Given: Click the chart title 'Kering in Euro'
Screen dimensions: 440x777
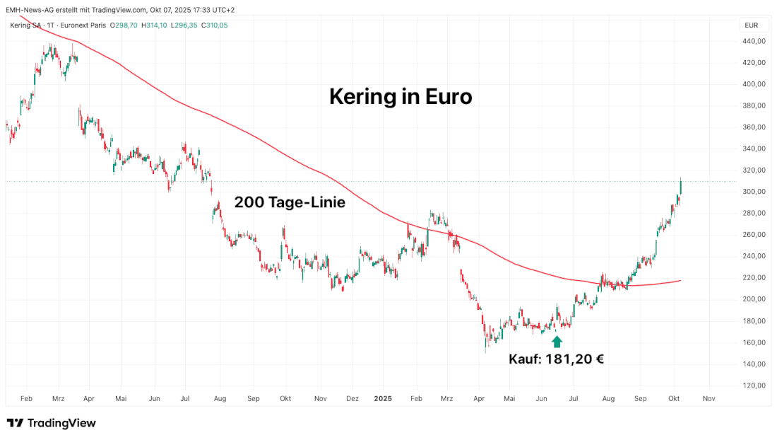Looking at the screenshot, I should [401, 97].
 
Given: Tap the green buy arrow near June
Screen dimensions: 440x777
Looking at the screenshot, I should [557, 342].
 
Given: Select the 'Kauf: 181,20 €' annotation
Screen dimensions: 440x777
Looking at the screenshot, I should [556, 359].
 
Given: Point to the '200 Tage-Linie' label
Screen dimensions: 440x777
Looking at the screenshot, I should [290, 202].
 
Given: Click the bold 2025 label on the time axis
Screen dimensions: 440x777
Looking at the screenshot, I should [383, 398].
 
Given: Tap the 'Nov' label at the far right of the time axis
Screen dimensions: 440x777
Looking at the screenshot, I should [709, 398].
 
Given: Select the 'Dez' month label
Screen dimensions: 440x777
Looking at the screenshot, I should [352, 398].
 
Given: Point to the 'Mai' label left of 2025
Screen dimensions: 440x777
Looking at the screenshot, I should [121, 398].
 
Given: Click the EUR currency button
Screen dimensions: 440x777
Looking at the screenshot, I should [752, 25].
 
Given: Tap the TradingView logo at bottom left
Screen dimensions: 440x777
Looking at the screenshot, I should [52, 423].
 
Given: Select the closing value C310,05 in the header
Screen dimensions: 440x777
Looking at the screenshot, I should [214, 25].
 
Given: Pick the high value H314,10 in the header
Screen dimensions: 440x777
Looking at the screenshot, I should [155, 25].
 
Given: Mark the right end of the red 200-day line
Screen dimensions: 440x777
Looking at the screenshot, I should [680, 281].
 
